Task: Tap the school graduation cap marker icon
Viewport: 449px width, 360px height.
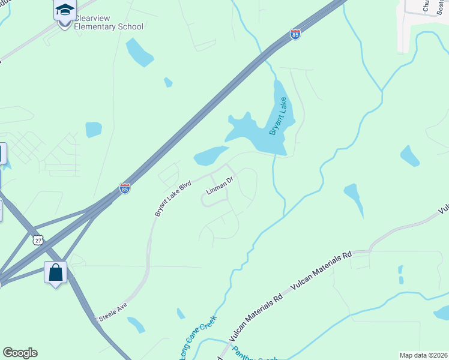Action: coord(65,10)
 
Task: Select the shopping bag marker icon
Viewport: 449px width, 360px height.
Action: coord(55,272)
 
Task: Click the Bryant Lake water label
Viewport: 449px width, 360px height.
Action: coord(278,116)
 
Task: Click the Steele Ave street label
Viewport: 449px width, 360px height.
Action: coord(113,311)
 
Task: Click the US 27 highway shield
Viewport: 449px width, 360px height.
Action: coord(38,239)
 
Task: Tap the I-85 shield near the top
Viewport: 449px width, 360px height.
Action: coord(295,35)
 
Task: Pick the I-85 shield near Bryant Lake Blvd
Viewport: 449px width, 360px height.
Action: coord(124,188)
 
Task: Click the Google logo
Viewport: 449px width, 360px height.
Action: coord(20,353)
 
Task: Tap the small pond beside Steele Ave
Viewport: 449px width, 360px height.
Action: coord(136,325)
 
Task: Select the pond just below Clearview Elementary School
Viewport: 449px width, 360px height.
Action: coord(140,53)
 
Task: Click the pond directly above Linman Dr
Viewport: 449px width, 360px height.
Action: coord(210,157)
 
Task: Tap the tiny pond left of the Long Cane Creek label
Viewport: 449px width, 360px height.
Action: coord(181,313)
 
